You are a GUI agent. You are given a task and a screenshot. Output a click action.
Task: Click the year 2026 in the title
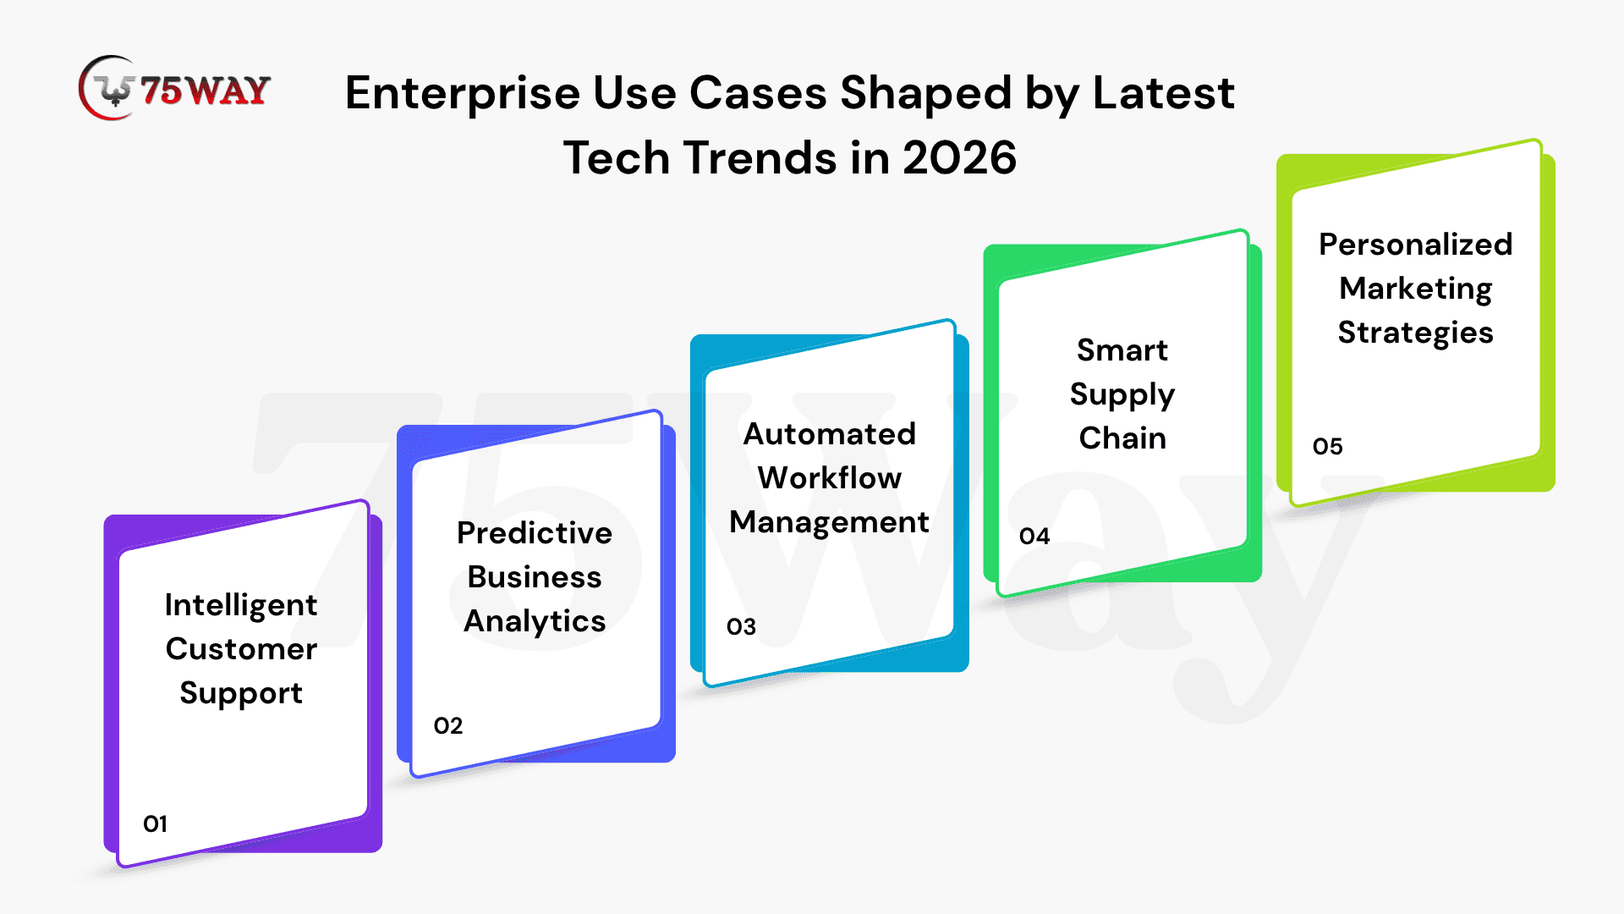pos(959,158)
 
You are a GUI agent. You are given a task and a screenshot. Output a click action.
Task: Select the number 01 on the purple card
pos(155,823)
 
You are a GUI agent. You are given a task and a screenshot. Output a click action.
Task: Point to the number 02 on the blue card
pos(448,725)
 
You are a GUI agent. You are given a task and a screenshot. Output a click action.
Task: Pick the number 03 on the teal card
pos(741,626)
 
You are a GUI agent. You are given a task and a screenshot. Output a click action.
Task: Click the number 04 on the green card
pos(1034,536)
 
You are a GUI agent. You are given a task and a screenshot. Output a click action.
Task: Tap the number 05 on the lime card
pos(1328,446)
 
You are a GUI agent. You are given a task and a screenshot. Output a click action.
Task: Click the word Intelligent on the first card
pos(241,606)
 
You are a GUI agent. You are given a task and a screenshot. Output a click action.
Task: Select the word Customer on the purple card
pos(241,649)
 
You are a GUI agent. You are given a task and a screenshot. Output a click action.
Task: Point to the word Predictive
pos(535,533)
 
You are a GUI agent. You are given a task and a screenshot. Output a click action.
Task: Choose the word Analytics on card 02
pos(535,622)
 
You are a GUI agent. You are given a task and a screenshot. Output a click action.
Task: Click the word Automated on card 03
pos(829,434)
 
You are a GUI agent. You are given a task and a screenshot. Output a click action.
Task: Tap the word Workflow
pos(829,478)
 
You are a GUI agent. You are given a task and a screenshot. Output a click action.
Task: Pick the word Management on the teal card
pos(829,523)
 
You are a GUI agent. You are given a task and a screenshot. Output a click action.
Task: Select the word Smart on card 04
pos(1122,350)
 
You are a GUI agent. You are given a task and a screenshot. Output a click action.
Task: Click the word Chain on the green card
pos(1122,438)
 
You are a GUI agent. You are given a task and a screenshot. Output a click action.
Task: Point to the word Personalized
pos(1416,245)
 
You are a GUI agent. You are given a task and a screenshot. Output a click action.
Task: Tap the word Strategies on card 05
pos(1416,333)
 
